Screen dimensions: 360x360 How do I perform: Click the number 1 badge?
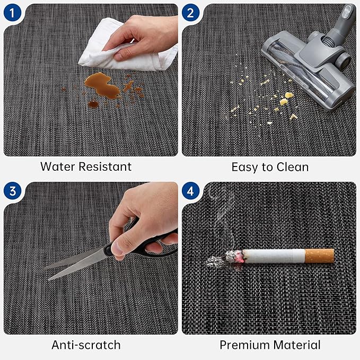pos(12,13)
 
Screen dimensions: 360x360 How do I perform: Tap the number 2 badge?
pos(190,13)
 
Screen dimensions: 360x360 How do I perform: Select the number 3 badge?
pos(12,191)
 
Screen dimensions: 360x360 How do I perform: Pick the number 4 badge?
pos(190,191)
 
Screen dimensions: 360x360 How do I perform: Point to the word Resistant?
pos(105,166)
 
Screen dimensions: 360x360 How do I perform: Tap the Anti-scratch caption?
pos(86,345)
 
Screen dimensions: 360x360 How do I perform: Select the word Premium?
pos(244,345)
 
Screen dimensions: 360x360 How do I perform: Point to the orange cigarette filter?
pos(319,256)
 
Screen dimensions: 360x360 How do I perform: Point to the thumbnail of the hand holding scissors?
pos(117,248)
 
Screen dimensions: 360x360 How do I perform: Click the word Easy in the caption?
pos(244,168)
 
